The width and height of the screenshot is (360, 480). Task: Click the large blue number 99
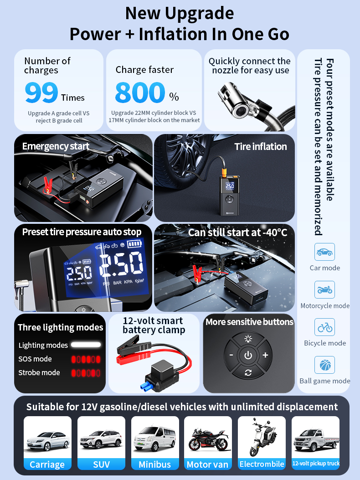click(x=41, y=92)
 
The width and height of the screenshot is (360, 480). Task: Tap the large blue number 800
click(x=140, y=92)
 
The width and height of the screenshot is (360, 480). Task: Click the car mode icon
click(x=324, y=252)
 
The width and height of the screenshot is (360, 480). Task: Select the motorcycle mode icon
click(x=324, y=289)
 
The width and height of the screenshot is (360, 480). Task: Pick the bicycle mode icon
click(x=324, y=327)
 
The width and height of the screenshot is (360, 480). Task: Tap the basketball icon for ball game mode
click(x=324, y=365)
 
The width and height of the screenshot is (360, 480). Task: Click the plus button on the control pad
click(x=265, y=355)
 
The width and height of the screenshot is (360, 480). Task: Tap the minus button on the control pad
click(x=231, y=355)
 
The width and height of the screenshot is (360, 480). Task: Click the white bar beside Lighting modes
click(x=86, y=345)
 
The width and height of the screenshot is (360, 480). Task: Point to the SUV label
click(x=101, y=465)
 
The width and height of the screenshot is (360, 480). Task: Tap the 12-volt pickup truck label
click(x=316, y=464)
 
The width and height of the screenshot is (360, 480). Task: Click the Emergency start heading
click(x=56, y=146)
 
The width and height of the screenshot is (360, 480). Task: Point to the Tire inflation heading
click(x=261, y=147)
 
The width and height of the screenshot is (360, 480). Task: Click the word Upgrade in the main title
click(x=199, y=14)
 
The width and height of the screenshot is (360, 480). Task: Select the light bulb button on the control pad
click(x=248, y=338)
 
